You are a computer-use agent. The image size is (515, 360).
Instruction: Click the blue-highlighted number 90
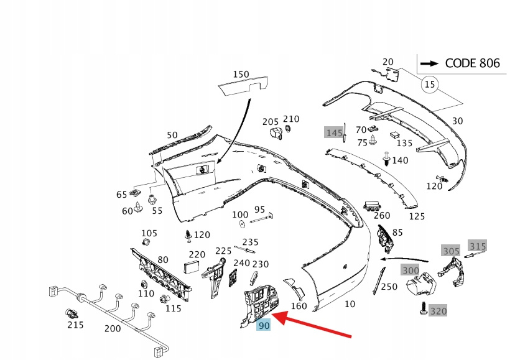tap(264, 325)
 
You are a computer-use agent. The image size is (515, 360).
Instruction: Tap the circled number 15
tap(429, 83)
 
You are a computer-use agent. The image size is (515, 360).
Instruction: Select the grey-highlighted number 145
tap(334, 132)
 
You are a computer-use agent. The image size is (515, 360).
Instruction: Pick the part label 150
tap(241, 75)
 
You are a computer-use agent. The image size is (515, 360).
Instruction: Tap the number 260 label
tap(382, 216)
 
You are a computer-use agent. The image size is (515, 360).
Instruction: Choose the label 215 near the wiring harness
tap(75, 325)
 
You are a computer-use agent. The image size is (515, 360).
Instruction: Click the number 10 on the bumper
tap(350, 305)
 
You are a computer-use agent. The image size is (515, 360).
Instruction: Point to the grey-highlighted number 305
tap(451, 251)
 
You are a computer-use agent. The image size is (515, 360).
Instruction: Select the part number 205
tap(270, 121)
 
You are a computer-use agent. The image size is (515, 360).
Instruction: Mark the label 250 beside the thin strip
tap(389, 287)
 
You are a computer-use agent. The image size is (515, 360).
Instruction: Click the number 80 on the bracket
tap(163, 259)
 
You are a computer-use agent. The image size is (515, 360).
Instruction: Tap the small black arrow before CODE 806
tap(430, 63)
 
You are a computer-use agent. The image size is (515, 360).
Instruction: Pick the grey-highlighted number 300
tap(411, 270)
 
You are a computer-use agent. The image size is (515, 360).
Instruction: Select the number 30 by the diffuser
tap(457, 121)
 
